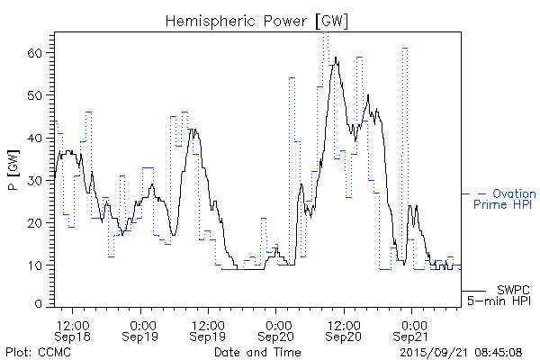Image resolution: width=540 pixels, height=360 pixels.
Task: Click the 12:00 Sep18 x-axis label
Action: click(x=73, y=329)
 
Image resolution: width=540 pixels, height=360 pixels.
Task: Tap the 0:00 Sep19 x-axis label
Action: click(x=141, y=329)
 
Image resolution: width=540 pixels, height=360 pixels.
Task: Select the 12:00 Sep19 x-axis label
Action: click(x=209, y=329)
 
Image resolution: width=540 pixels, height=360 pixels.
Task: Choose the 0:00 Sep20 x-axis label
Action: click(x=277, y=329)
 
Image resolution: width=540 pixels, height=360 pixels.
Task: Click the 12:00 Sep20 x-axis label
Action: click(x=345, y=329)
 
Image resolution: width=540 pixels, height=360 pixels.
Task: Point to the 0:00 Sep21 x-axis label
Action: click(x=413, y=329)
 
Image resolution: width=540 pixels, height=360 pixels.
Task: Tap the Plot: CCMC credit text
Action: click(x=38, y=351)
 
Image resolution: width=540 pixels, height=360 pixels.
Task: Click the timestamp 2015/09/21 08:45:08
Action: click(x=460, y=351)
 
